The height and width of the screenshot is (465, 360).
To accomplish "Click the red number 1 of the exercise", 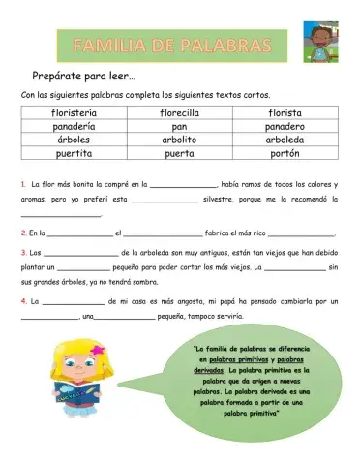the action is click(x=22, y=183).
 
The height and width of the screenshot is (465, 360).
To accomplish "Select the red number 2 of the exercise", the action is click(x=22, y=233).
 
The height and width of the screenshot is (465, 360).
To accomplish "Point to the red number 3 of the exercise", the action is click(x=22, y=253).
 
